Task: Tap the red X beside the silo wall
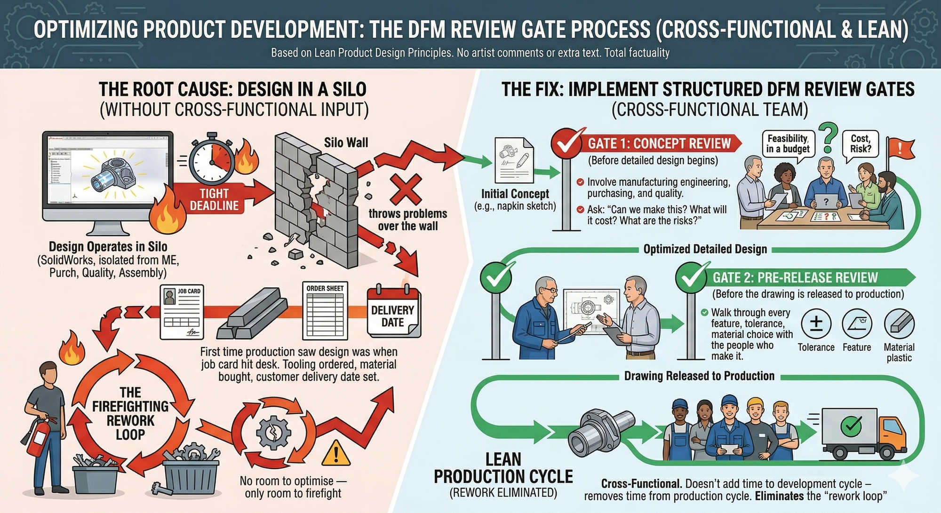[406, 189]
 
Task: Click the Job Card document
[182, 312]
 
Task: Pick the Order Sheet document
[325, 310]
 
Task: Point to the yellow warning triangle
[335, 453]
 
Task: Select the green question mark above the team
[829, 136]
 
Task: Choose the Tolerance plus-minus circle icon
[816, 324]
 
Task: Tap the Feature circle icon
[857, 324]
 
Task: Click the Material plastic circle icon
[899, 324]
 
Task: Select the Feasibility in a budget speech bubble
[788, 144]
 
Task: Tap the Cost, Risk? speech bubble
[861, 144]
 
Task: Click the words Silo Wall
[346, 143]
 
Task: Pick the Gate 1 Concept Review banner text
[659, 143]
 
